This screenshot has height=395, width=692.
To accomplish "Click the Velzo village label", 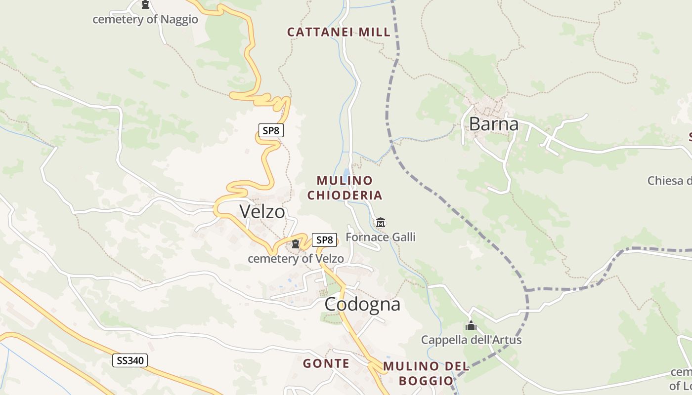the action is [262, 211].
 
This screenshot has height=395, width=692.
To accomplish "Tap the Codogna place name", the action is [362, 304].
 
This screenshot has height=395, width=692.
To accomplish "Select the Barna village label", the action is [493, 124].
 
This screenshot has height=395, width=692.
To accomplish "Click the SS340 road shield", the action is [130, 360].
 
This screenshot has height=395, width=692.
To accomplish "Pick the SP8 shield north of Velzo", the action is [271, 130].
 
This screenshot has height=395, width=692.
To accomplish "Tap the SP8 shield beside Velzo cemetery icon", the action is [324, 240].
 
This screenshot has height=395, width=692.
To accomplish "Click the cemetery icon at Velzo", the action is [296, 244].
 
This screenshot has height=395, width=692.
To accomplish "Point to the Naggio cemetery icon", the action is [145, 4].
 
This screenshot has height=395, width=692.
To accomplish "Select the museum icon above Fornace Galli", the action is [381, 223].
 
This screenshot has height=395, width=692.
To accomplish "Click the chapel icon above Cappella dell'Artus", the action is [471, 326].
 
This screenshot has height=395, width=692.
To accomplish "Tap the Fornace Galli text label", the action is [380, 237].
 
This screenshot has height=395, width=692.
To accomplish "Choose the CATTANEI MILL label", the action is [339, 32].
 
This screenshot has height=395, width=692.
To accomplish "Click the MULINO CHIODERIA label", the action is [345, 188].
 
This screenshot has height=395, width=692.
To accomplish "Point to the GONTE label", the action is [326, 364].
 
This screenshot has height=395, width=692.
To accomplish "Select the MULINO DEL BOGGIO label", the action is [426, 373].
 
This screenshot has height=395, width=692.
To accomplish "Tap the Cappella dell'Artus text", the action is [471, 340].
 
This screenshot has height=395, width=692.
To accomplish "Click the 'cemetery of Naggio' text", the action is [145, 19].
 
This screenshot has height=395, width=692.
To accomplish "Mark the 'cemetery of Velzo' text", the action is [296, 258].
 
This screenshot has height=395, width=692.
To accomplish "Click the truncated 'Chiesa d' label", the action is [669, 180].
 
